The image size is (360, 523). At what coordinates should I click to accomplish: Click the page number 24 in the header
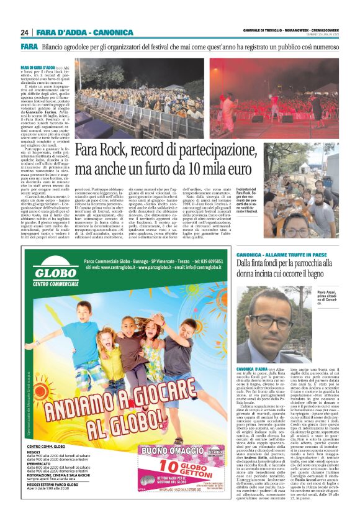25,32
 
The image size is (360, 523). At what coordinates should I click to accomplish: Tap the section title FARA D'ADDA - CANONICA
84,32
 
